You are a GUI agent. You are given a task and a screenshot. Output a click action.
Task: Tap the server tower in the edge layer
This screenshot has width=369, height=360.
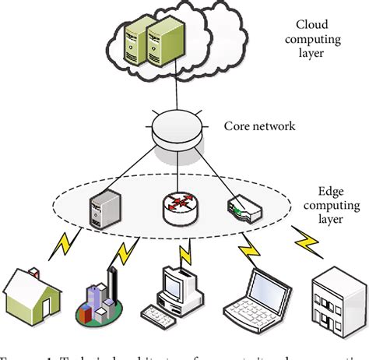(104, 205)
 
